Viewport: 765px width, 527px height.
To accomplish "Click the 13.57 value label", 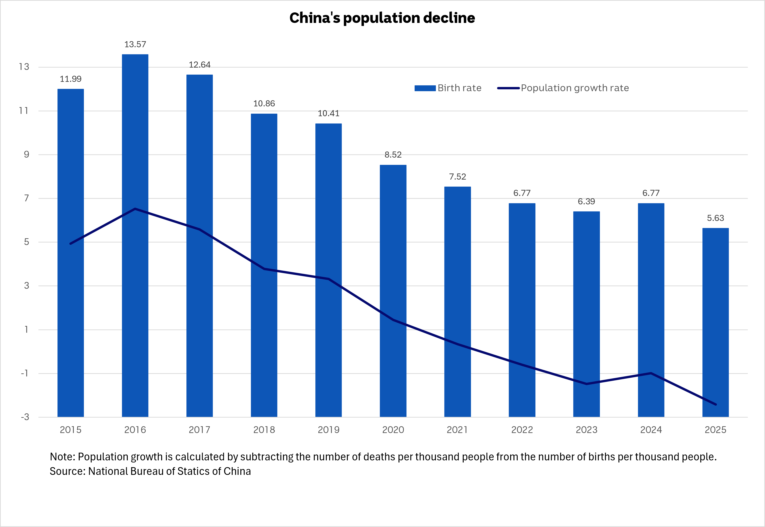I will coord(135,44).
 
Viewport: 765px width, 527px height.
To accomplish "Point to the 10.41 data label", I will coord(328,113).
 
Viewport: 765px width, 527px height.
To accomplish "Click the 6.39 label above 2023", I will coord(586,201).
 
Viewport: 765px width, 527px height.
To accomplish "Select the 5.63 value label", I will coord(715,218).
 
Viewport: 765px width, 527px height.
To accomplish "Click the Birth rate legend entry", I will coord(448,88).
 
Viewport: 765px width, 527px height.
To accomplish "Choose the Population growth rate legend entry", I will coord(563,88).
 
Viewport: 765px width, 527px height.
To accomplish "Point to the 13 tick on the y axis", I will coord(24,67).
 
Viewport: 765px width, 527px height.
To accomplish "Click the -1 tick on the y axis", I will coord(25,373).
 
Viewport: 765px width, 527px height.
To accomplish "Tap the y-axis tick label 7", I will coord(26,198).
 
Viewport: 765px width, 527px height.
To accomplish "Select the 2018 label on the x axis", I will coord(264,430).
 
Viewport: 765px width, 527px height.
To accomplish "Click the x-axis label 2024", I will coord(651,430).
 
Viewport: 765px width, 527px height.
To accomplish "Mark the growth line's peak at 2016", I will coord(135,209).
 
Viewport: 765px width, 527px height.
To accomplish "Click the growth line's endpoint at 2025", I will coord(715,404).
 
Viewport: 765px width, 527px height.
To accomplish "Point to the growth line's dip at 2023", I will coord(586,384).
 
